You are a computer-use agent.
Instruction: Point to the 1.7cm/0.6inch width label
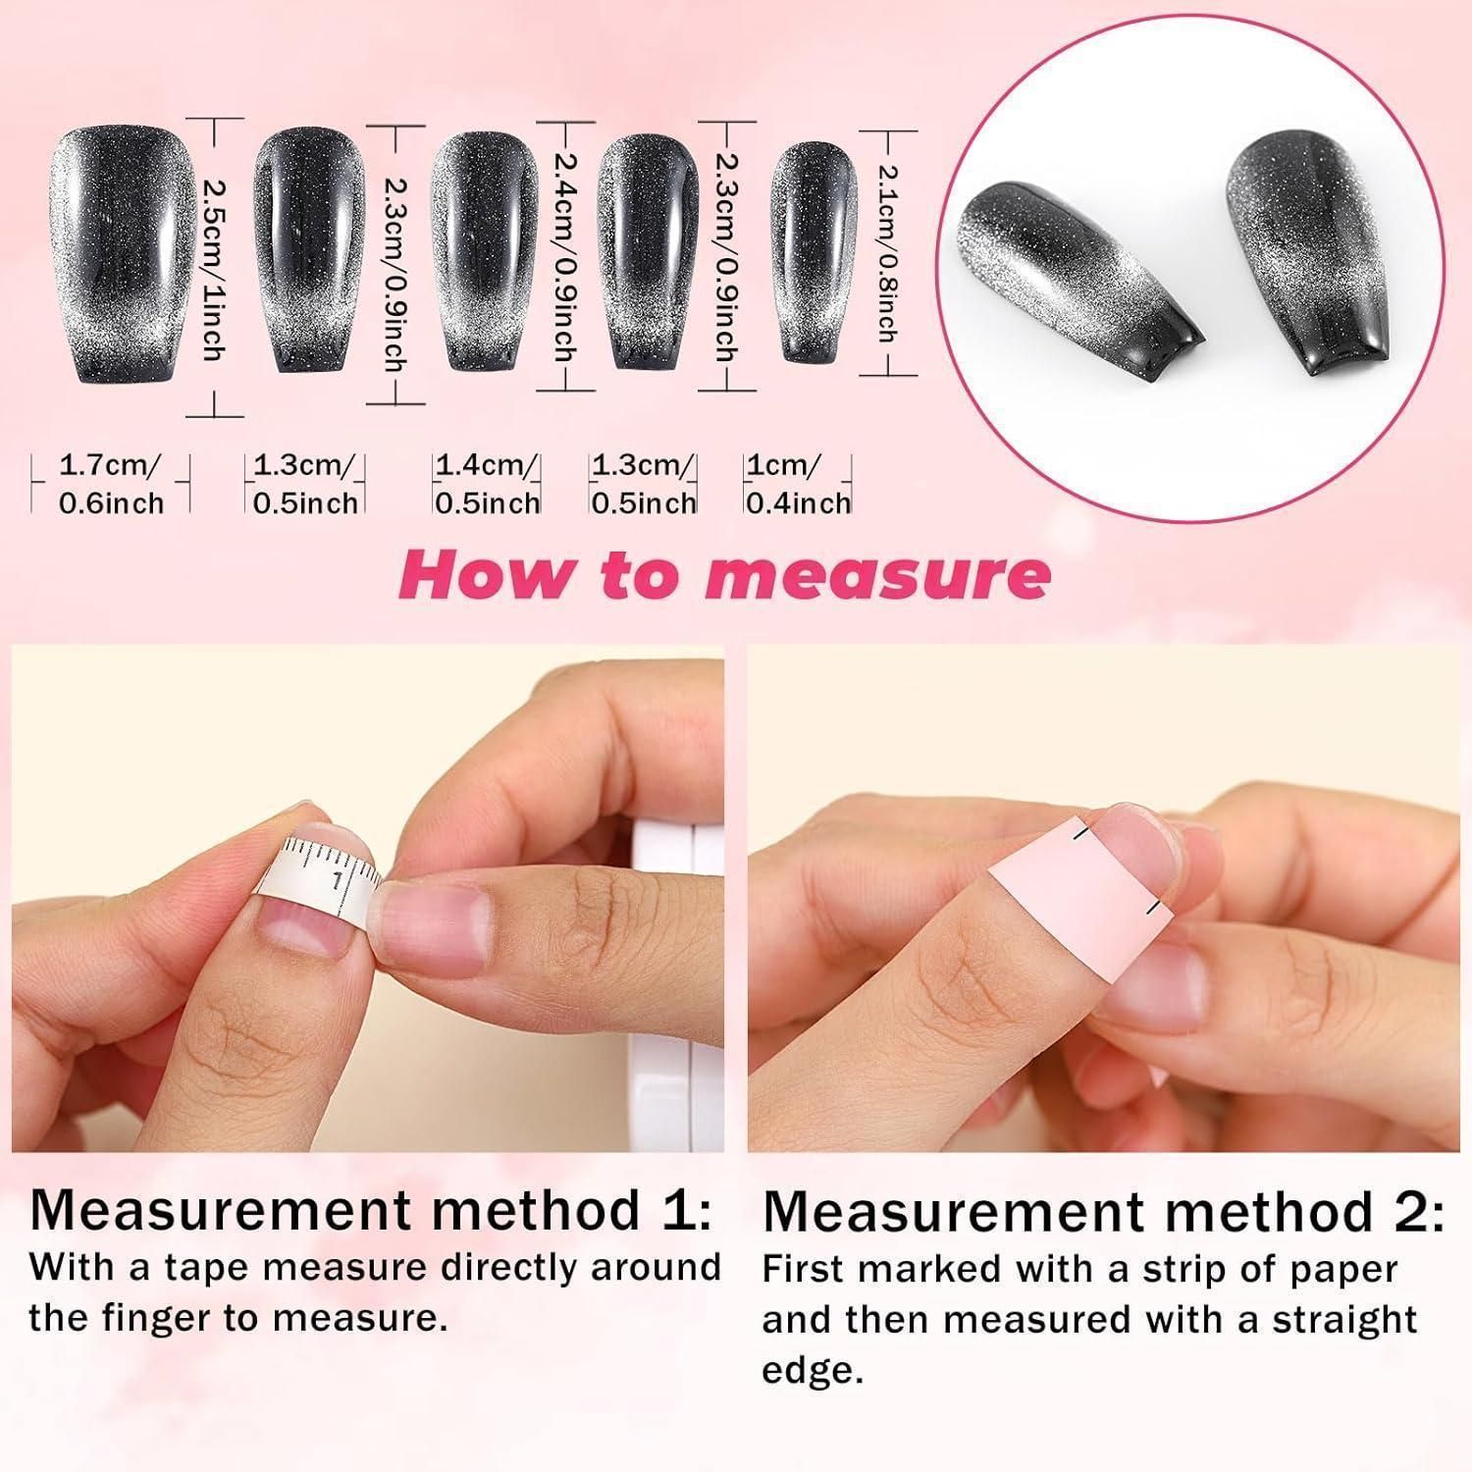pyautogui.click(x=111, y=483)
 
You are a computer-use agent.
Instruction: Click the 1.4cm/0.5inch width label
pyautogui.click(x=488, y=483)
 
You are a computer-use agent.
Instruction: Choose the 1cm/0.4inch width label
pyautogui.click(x=798, y=483)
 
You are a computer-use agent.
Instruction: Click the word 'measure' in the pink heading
pyautogui.click(x=877, y=576)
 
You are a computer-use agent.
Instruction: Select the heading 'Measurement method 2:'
pyautogui.click(x=1103, y=1211)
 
